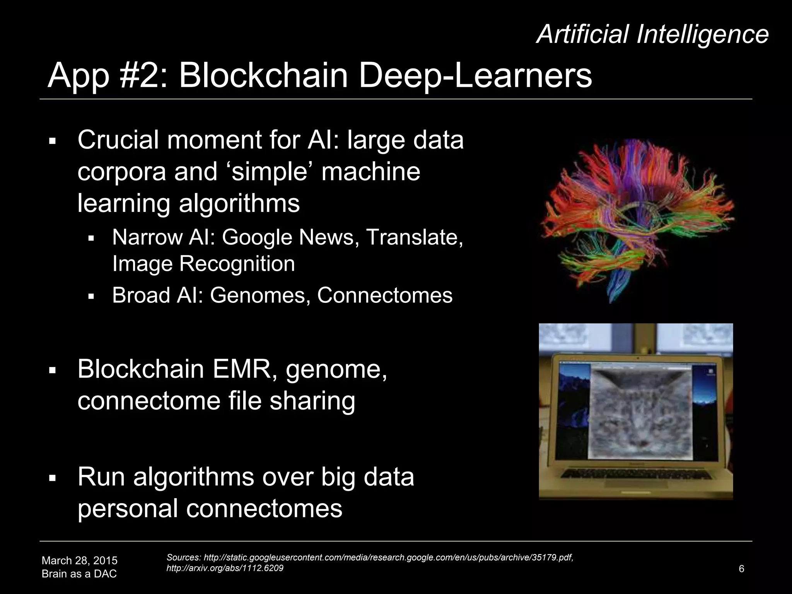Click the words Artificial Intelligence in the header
(652, 34)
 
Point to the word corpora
(121, 172)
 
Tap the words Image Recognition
(203, 264)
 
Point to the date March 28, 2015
(79, 560)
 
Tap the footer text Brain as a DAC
(79, 574)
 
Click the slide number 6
(741, 568)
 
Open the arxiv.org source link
(225, 568)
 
